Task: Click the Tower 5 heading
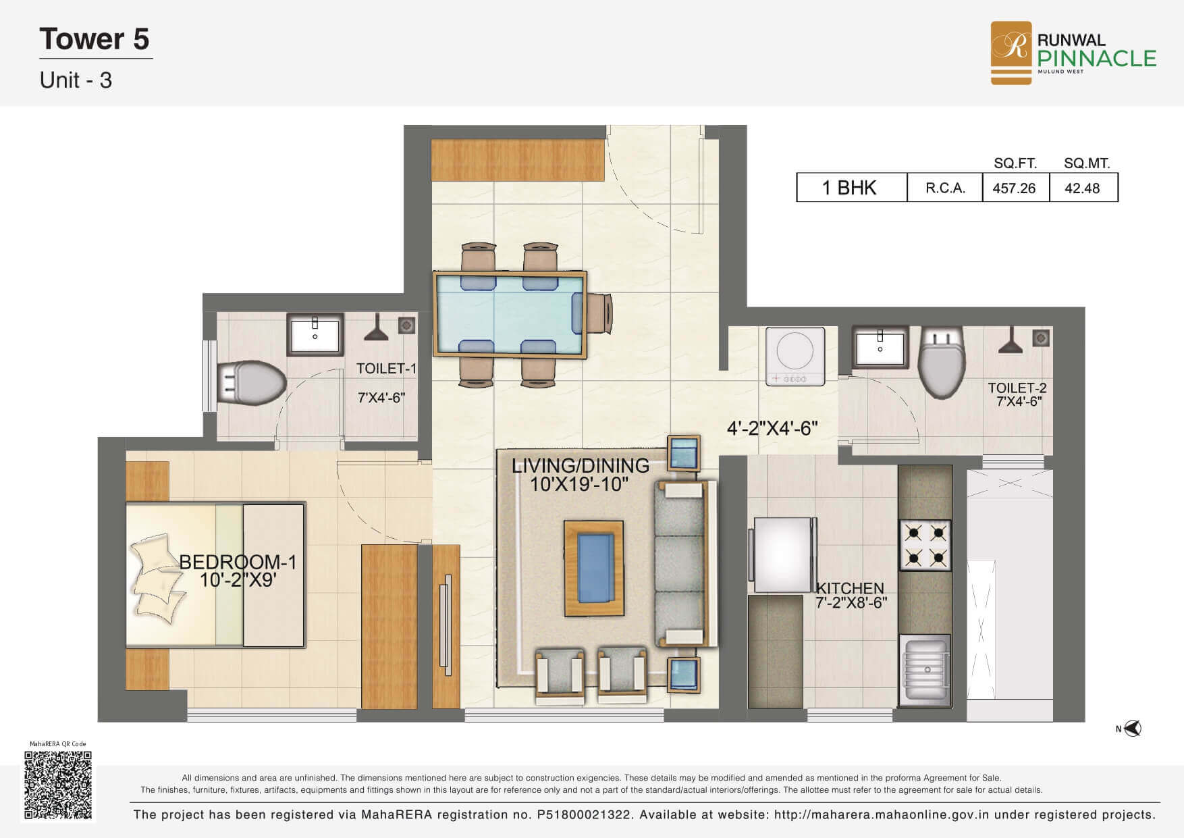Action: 95,39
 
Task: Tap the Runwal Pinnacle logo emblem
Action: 1011,53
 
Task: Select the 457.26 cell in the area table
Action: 1014,188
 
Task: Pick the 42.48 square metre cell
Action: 1082,188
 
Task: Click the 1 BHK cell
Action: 849,188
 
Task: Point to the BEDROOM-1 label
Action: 238,562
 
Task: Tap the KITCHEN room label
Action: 850,588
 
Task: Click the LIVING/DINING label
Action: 581,466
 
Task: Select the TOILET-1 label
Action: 386,369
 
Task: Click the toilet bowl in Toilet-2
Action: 943,365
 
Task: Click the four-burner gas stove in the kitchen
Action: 925,546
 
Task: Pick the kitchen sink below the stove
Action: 925,669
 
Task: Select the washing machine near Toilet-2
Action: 795,356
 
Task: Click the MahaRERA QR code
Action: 57,785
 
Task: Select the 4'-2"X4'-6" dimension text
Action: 772,428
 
